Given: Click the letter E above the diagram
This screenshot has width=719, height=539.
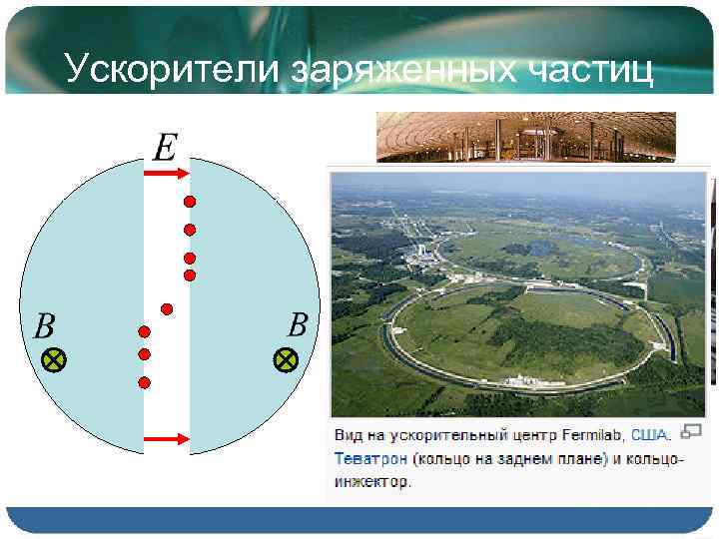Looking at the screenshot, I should pos(164,149).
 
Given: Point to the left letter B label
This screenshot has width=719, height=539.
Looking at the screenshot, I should pos(45,326).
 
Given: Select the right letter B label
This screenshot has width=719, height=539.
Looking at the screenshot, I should pos(298,324).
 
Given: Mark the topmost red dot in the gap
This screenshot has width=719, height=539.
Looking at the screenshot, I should pos(189,202).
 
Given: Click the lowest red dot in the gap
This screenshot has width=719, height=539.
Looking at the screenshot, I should pos(144,382).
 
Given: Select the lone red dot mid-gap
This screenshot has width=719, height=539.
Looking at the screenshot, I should pos(167,307).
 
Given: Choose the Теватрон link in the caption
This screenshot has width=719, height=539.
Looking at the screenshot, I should pos(368,458).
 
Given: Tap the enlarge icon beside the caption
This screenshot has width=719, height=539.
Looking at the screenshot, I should pos(689,431).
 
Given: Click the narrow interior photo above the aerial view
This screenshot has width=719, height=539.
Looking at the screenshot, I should pos(525,136).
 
